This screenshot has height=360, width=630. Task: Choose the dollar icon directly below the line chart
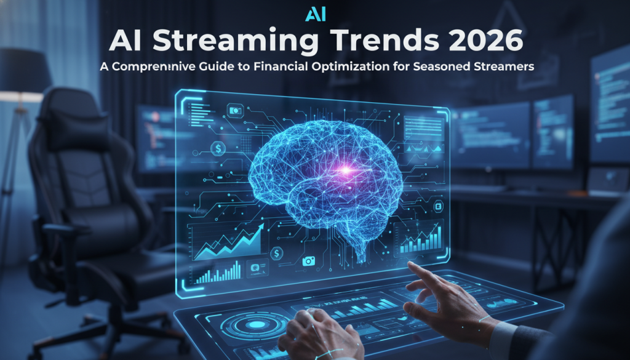(x=277, y=252)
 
